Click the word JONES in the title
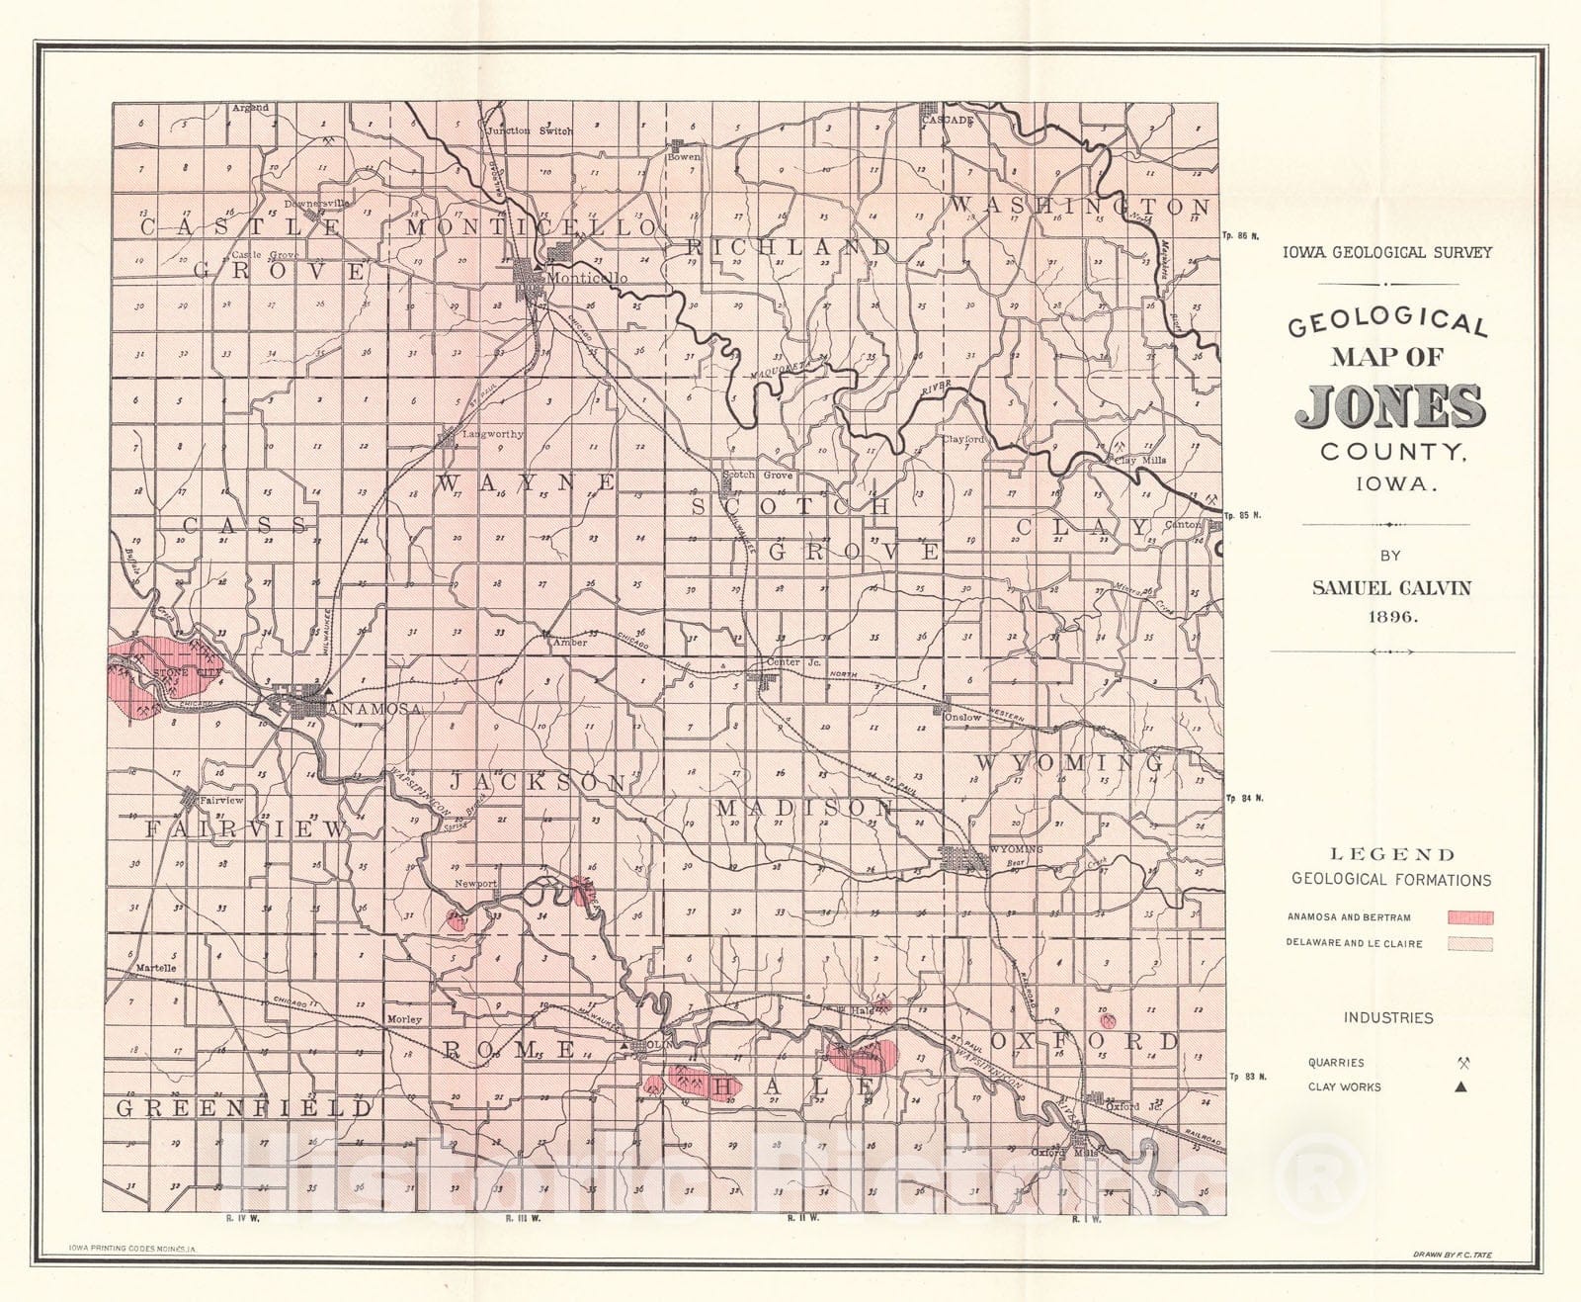(1390, 406)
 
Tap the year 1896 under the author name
(1391, 616)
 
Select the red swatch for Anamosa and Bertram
(1470, 917)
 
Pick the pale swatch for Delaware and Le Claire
(1470, 944)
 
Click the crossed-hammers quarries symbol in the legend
(1463, 1064)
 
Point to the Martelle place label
(155, 968)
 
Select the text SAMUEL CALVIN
(1391, 587)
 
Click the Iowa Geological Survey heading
(1387, 252)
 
